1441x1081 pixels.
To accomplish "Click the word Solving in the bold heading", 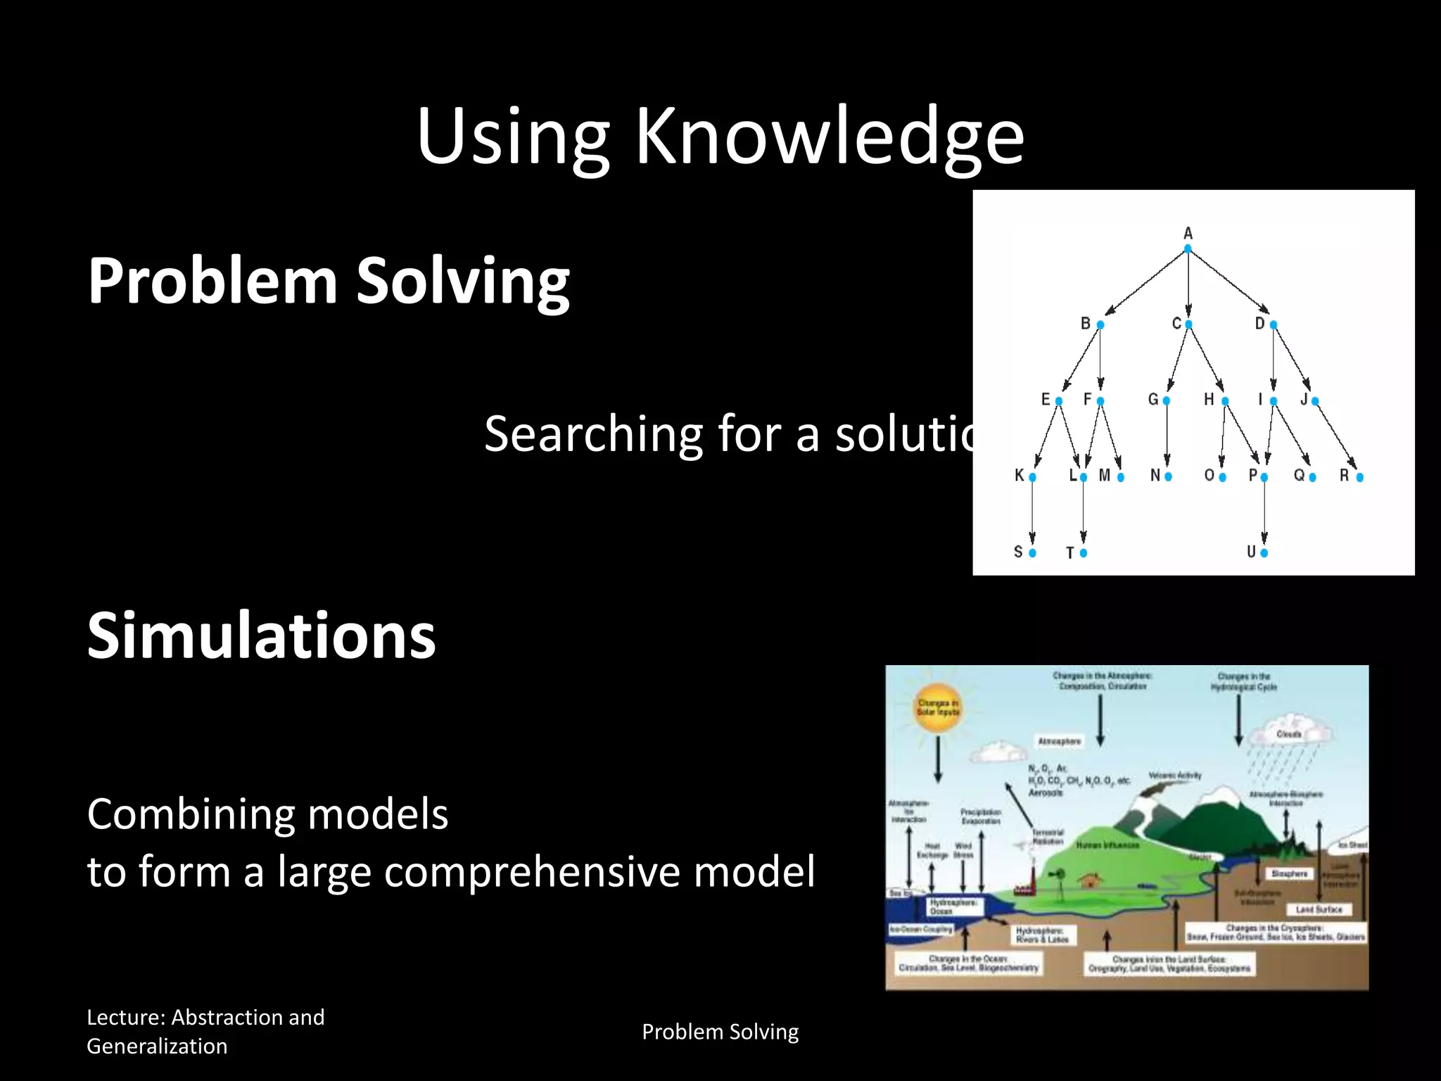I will tap(463, 282).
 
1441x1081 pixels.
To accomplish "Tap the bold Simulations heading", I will tap(261, 636).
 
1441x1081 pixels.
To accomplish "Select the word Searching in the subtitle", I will tap(593, 434).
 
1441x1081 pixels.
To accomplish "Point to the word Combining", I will tap(190, 814).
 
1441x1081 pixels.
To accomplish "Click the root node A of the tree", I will tap(1188, 248).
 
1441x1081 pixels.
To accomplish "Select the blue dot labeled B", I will tap(1100, 324).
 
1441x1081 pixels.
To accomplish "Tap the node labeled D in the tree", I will tap(1273, 324).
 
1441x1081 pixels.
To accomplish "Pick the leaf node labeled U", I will tap(1264, 553).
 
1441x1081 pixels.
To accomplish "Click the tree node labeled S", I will tap(1032, 553).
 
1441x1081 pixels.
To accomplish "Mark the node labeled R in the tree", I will tap(1359, 477).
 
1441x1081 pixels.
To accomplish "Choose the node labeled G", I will tap(1166, 401).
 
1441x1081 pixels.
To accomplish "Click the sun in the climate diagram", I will tap(938, 708).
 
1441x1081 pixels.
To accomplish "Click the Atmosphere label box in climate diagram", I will tap(1060, 741).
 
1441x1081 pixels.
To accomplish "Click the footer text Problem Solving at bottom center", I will tap(720, 1032).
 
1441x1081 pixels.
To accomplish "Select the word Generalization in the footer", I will tap(157, 1047).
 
